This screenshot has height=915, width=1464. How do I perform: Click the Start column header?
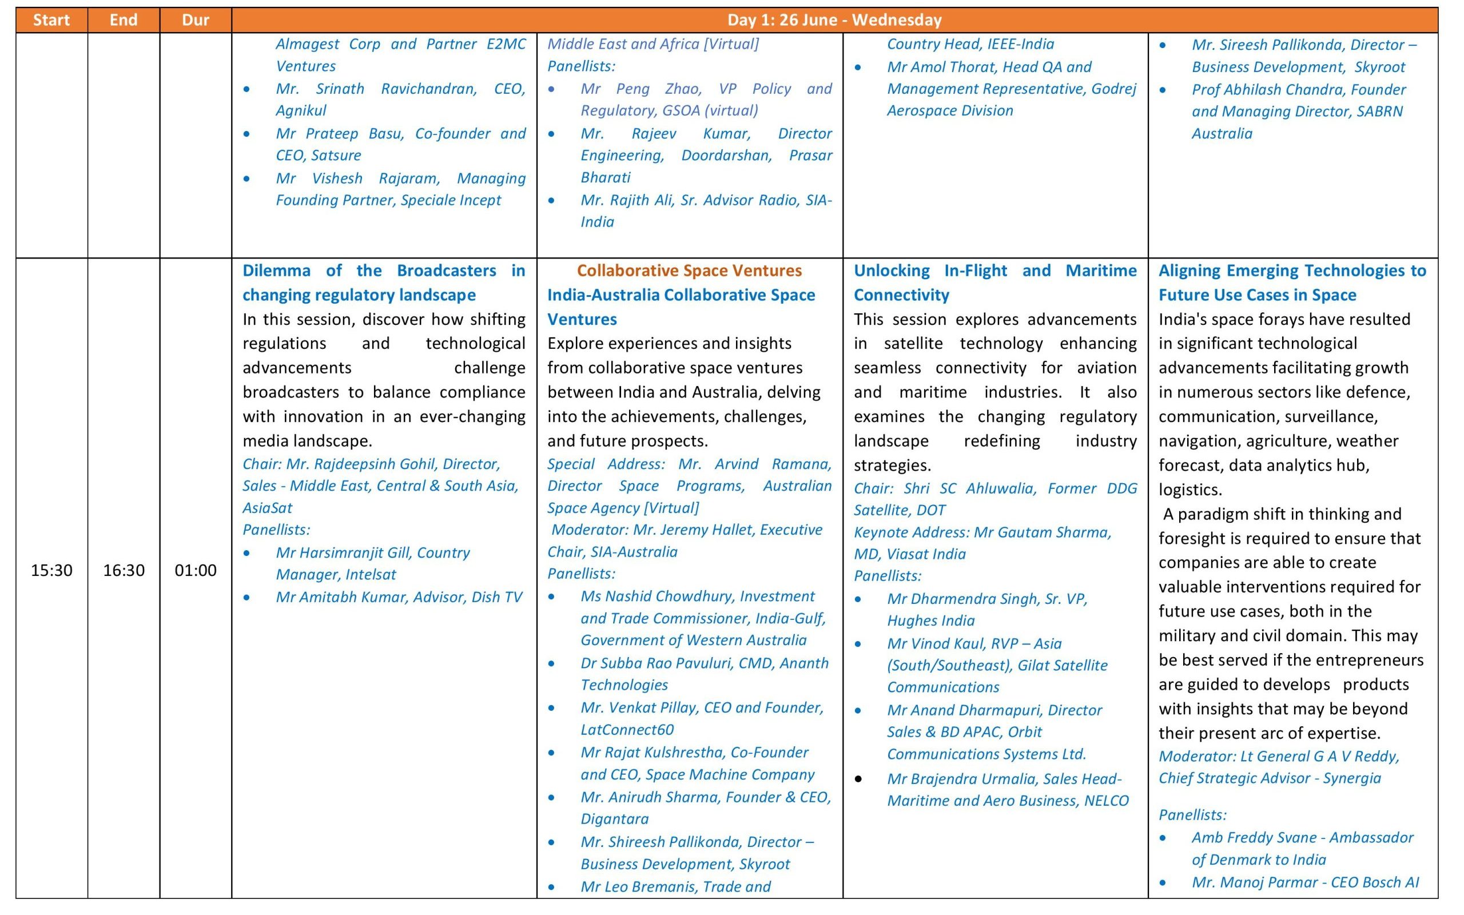(x=51, y=20)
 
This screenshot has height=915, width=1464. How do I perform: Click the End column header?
(x=124, y=20)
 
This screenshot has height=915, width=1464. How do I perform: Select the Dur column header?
(x=196, y=20)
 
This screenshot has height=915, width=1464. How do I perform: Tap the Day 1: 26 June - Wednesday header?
(x=834, y=20)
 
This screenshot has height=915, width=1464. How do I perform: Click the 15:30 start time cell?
(x=51, y=570)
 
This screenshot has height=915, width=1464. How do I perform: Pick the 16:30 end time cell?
(x=124, y=570)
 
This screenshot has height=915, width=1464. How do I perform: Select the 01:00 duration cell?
(x=196, y=570)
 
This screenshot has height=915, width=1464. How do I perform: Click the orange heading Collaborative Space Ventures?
(x=689, y=270)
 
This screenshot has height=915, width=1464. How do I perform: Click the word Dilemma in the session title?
(x=276, y=270)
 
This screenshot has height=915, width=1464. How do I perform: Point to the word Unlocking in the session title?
(x=891, y=270)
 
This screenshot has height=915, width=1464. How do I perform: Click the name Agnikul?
(x=301, y=111)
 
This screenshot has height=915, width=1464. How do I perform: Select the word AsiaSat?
(x=267, y=508)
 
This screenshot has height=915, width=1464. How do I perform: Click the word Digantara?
(x=614, y=819)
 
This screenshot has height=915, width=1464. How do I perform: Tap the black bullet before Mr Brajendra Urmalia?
(x=858, y=779)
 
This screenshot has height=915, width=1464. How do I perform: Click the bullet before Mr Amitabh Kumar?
(x=247, y=597)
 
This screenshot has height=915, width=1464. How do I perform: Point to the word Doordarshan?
(x=726, y=156)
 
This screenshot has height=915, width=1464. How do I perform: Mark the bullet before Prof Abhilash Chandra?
(x=1163, y=90)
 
